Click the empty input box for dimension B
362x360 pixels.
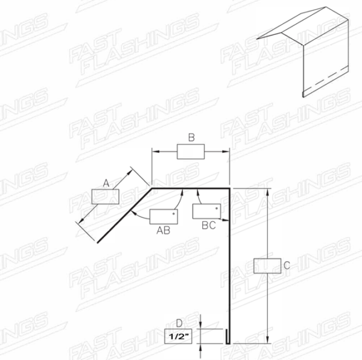pos(191,151)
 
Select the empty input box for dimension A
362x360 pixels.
pos(105,197)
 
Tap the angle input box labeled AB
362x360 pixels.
pos(164,216)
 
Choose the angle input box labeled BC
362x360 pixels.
pos(206,211)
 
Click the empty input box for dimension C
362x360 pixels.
pos(267,266)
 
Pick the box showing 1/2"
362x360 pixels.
pos(178,336)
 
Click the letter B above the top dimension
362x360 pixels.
pos(191,137)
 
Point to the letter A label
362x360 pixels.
pos(106,183)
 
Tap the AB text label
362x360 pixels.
pos(164,230)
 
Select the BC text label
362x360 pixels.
pos(209,226)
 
